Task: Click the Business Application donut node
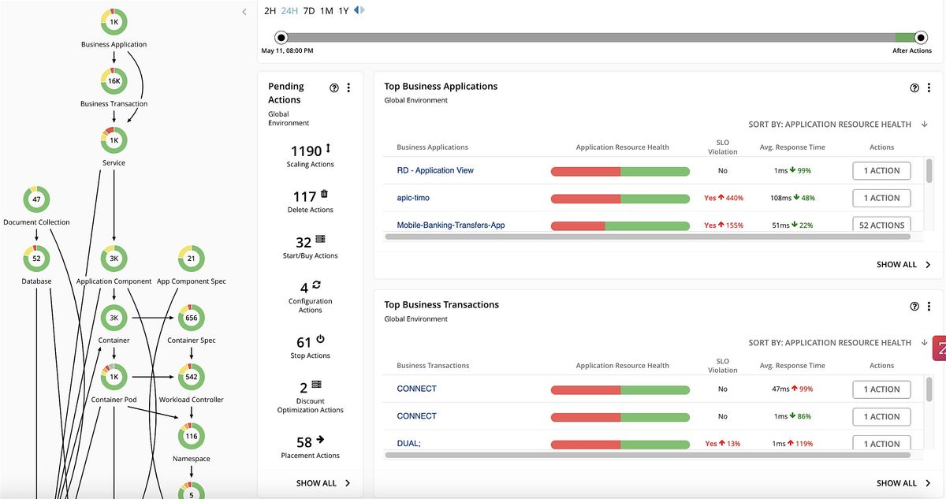click(114, 22)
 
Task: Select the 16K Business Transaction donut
click(114, 81)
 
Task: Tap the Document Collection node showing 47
click(36, 199)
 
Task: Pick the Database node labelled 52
click(36, 259)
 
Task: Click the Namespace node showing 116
click(191, 436)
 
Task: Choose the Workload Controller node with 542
click(191, 377)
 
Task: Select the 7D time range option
click(309, 11)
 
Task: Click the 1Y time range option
click(344, 11)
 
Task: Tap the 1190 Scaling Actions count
click(306, 151)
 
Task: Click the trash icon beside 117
click(324, 194)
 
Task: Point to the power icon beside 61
click(320, 339)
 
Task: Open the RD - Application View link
click(435, 170)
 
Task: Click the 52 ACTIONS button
click(881, 225)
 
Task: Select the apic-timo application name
click(413, 198)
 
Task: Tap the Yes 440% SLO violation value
click(723, 198)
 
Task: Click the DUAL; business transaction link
click(408, 444)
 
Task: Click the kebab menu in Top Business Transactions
click(929, 307)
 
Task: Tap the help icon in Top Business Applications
click(914, 88)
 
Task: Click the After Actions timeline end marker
click(921, 37)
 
